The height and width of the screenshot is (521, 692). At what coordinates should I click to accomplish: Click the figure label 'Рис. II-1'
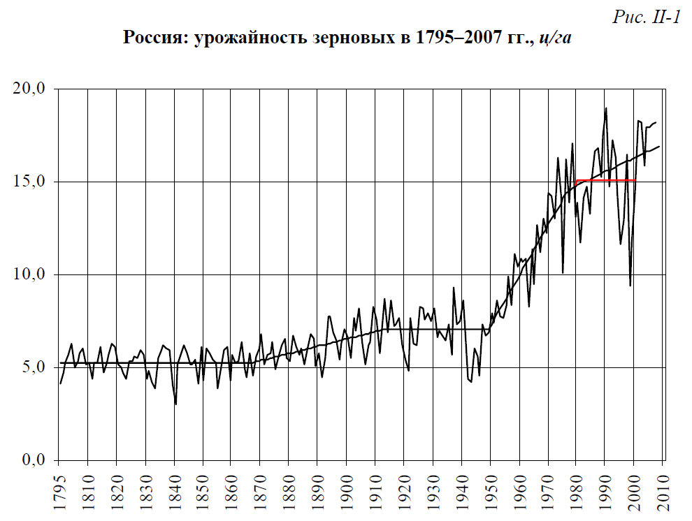point(647,18)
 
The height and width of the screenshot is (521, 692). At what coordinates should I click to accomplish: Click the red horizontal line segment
point(605,180)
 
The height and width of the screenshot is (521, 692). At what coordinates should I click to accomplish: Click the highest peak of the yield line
point(605,108)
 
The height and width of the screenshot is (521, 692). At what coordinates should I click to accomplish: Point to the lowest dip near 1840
point(175,404)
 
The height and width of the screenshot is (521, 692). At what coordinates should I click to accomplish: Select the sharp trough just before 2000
point(630,285)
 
